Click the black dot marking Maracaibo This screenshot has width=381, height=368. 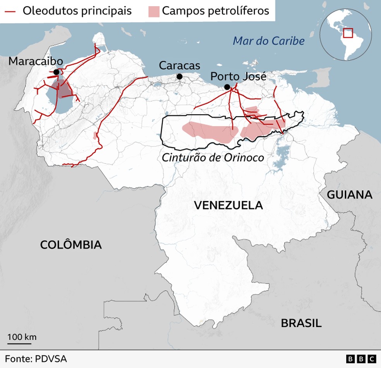57,72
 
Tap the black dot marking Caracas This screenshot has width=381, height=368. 180,77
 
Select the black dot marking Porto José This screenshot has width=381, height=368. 227,87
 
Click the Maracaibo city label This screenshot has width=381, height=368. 36,61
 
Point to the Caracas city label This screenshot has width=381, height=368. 179,65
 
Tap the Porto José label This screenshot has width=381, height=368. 238,76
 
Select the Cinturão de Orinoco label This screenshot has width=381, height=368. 213,157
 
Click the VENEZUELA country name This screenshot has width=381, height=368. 228,205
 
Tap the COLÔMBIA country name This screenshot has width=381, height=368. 71,245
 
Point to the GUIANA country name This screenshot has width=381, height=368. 350,195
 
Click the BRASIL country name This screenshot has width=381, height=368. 301,323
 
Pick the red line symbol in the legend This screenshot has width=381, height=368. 10,11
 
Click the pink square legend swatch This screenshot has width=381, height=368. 153,11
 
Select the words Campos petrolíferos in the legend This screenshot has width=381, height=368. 215,10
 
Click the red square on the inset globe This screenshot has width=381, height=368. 348,33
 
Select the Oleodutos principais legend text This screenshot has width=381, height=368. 77,10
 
